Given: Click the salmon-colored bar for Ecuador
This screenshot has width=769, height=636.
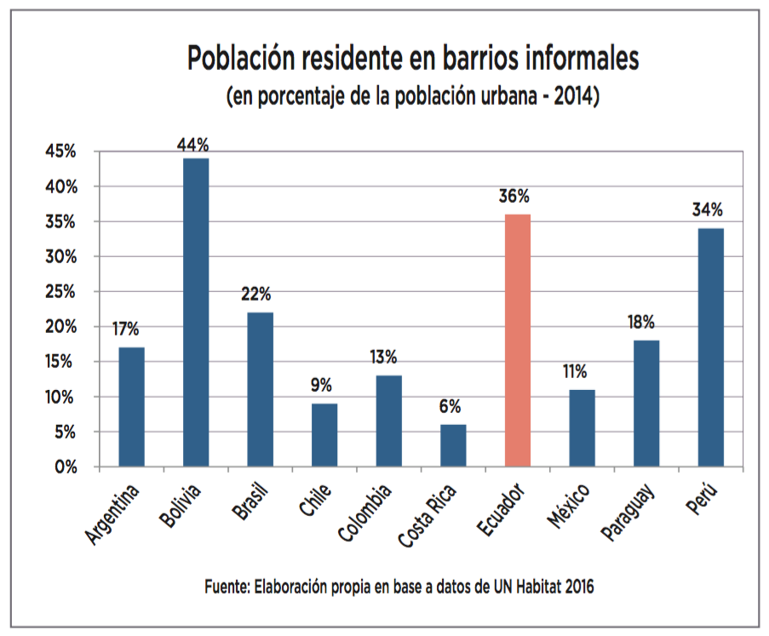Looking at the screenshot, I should click(x=517, y=341).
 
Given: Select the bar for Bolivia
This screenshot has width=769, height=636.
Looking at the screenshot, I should click(x=196, y=312).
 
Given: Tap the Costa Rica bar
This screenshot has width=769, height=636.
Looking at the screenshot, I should click(x=453, y=446).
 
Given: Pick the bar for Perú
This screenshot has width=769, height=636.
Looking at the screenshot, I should click(x=710, y=347).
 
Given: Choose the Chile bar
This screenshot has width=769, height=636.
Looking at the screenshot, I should click(x=324, y=435).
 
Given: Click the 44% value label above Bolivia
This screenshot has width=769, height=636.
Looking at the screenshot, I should click(x=193, y=146).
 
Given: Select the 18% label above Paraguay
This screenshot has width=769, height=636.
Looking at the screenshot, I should click(x=644, y=322).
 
